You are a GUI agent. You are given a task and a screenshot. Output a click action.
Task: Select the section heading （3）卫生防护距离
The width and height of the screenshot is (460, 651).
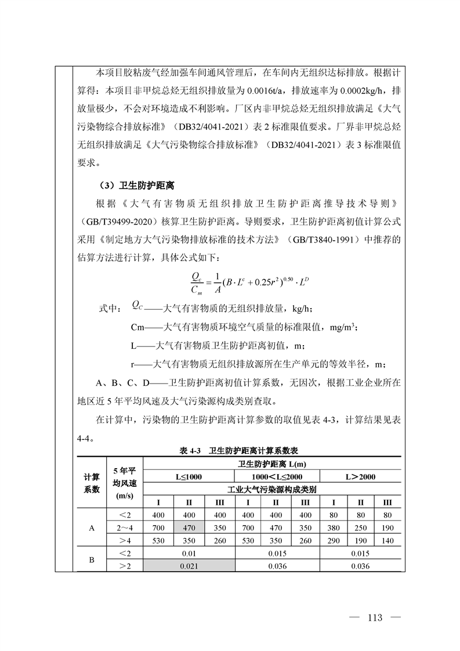(138, 186)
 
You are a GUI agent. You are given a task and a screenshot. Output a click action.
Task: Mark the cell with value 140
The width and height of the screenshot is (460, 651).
(388, 540)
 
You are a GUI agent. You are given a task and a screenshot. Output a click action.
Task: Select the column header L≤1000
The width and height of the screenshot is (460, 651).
(190, 476)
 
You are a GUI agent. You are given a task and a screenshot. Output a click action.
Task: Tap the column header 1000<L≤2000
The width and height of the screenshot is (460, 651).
(277, 476)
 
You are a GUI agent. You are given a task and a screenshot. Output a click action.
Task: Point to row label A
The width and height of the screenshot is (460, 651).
(91, 528)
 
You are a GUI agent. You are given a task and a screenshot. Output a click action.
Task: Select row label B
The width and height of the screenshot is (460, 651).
(91, 560)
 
